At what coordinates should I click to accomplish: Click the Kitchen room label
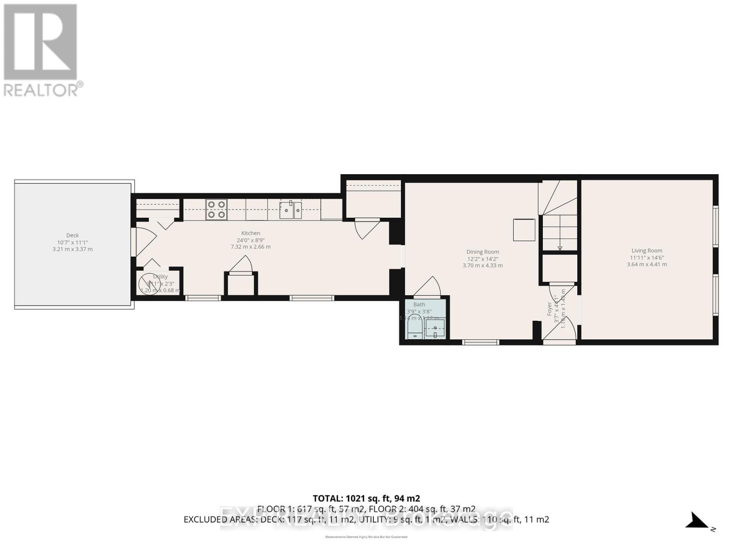tap(251, 233)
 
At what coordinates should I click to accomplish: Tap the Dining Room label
tap(482, 252)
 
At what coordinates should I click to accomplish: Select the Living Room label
tap(647, 250)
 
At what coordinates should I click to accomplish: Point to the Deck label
tap(72, 236)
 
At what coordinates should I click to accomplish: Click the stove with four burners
tap(216, 209)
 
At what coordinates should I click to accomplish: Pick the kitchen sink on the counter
tap(290, 209)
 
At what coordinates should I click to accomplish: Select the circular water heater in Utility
tap(150, 284)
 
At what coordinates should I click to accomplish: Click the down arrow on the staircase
tap(560, 247)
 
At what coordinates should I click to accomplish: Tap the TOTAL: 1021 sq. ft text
tap(366, 498)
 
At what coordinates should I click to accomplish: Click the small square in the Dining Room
tap(524, 230)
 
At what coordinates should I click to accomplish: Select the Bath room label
tap(419, 304)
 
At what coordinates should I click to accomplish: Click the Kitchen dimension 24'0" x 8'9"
tap(251, 240)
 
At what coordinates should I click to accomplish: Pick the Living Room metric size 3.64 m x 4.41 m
tap(647, 264)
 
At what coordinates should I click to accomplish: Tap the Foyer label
tap(550, 308)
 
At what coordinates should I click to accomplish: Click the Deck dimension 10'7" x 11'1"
tap(72, 242)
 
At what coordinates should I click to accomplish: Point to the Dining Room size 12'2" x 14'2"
tap(482, 258)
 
